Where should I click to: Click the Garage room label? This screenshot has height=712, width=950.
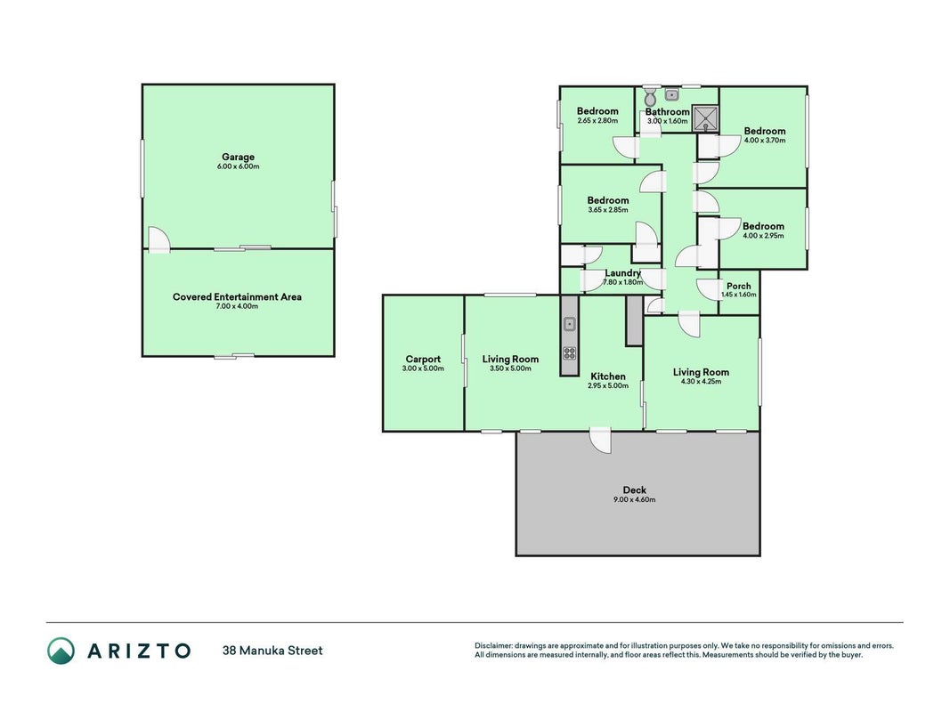click(238, 157)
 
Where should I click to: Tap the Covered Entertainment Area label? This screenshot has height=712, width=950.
click(237, 296)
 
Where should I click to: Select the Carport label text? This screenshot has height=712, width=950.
click(423, 359)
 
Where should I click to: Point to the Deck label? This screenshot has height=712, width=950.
click(634, 489)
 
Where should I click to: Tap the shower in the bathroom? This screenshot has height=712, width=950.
click(705, 118)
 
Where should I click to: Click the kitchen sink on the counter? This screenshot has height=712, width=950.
click(570, 324)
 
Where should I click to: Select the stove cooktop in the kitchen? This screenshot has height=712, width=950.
click(570, 352)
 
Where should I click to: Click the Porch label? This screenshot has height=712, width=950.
click(739, 286)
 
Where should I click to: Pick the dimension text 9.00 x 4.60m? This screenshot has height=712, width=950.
click(634, 499)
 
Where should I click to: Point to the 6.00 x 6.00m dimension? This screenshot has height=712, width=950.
click(238, 166)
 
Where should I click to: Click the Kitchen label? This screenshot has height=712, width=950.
click(608, 376)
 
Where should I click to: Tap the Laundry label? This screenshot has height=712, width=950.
click(622, 273)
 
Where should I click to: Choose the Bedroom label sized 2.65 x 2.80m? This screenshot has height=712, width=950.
click(597, 110)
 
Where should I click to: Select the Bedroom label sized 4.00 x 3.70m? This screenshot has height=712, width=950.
click(765, 131)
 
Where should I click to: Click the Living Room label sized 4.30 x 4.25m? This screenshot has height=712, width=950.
click(701, 372)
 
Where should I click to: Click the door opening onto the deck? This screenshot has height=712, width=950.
click(601, 441)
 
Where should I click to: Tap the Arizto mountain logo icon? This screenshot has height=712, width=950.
click(61, 651)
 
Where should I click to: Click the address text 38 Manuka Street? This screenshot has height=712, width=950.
click(272, 651)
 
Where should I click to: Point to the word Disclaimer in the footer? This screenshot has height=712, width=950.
click(494, 646)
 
